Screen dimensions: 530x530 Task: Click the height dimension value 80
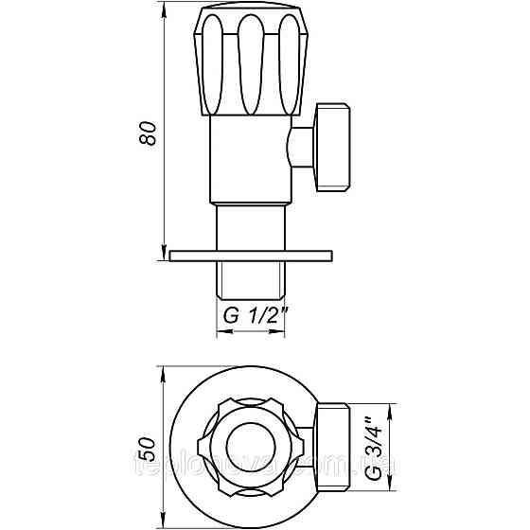tap(147, 132)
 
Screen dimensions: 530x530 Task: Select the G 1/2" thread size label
tap(254, 317)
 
